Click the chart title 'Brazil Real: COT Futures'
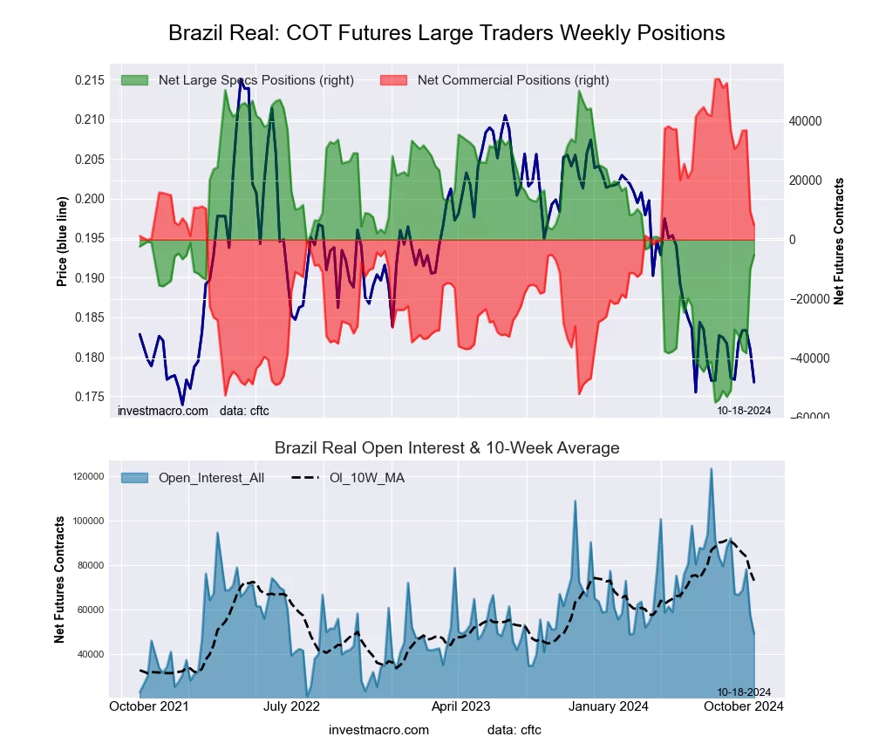tap(446, 33)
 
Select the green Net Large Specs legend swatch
tap(135, 80)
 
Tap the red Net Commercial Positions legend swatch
tap(394, 80)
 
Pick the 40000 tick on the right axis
tap(806, 121)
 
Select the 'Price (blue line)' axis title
tap(62, 242)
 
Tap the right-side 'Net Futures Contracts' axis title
tap(839, 242)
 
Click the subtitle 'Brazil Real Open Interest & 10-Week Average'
tap(446, 448)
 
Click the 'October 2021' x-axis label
tap(151, 706)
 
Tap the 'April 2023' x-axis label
tap(461, 706)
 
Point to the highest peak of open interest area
tap(711, 469)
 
